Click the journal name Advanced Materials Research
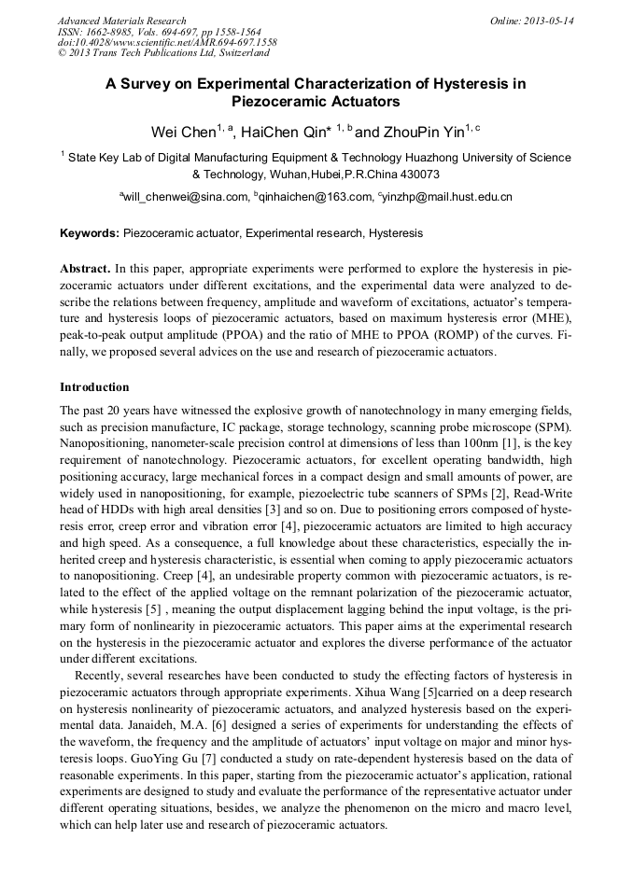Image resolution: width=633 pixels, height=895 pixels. (x=121, y=21)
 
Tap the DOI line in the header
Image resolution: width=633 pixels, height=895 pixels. (x=167, y=43)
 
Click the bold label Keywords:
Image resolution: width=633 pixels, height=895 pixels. (x=90, y=233)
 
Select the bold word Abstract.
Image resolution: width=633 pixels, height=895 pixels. (x=86, y=268)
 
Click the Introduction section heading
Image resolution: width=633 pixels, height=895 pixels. (x=94, y=387)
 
